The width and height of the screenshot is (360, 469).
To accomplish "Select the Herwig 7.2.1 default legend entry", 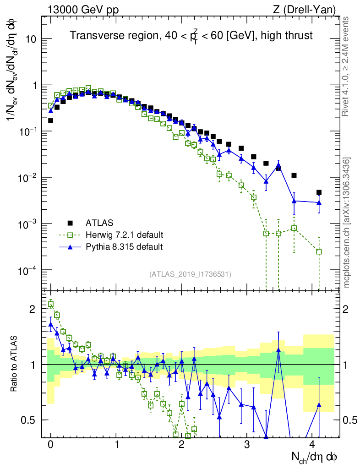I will pyautogui.click(x=124, y=235).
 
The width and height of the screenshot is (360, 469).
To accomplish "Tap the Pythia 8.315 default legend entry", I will pyautogui.click(x=124, y=247).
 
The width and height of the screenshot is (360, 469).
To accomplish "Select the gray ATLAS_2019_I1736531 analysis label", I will pyautogui.click(x=190, y=274).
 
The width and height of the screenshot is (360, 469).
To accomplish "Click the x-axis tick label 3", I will pyautogui.click(x=247, y=444).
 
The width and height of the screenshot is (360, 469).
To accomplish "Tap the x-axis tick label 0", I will pyautogui.click(x=51, y=444).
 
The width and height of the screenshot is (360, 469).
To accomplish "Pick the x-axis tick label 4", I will pyautogui.click(x=312, y=444).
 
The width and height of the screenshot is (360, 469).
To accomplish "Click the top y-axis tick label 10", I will pyautogui.click(x=31, y=39).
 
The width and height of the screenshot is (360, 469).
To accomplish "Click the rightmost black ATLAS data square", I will pyautogui.click(x=319, y=192).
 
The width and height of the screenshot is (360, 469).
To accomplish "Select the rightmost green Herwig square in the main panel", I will pyautogui.click(x=319, y=251).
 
